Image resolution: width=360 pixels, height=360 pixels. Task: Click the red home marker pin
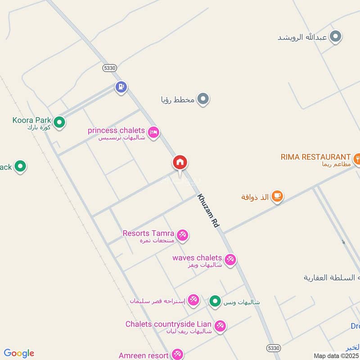[180, 163]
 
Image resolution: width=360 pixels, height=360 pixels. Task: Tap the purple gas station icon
[121, 87]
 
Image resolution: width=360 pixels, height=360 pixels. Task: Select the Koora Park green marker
[59, 121]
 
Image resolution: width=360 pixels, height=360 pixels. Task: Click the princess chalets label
[116, 130]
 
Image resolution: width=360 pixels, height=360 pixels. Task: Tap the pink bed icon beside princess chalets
[153, 132]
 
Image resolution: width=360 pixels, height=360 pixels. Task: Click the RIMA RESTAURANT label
[315, 157]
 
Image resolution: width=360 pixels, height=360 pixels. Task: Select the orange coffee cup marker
[277, 196]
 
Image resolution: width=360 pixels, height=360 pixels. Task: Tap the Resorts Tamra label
[148, 234]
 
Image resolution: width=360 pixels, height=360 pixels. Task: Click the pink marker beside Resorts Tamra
[182, 234]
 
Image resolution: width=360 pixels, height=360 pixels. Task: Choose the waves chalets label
[197, 258]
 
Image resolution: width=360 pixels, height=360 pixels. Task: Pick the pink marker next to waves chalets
[230, 260]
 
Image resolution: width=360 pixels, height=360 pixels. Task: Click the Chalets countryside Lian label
[169, 324]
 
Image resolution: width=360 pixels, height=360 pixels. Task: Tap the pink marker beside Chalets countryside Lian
[220, 326]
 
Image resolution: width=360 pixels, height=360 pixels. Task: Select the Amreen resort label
[144, 355]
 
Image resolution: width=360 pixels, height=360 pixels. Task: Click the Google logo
[19, 353]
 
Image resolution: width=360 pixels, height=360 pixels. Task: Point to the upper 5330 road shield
[109, 67]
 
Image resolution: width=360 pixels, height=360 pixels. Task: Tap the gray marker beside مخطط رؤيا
[203, 99]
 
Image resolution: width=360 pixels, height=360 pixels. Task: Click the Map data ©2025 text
[336, 356]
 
